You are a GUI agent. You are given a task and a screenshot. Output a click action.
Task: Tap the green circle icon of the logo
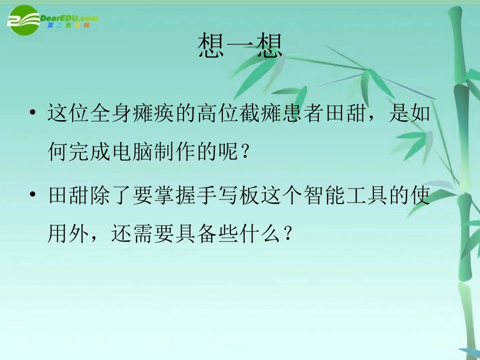click(x=23, y=20)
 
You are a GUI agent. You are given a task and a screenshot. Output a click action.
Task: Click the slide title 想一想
click(x=240, y=46)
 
